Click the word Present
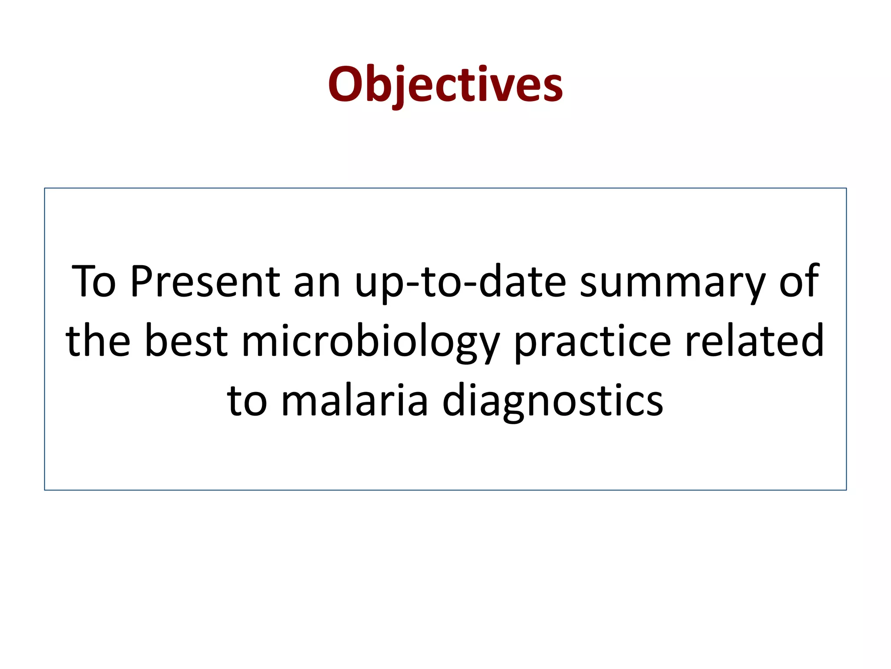[x=204, y=282]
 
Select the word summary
[x=672, y=282]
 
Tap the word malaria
[x=355, y=401]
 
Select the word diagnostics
[x=553, y=401]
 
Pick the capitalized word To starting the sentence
[x=94, y=282]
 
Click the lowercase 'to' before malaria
[x=247, y=401]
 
